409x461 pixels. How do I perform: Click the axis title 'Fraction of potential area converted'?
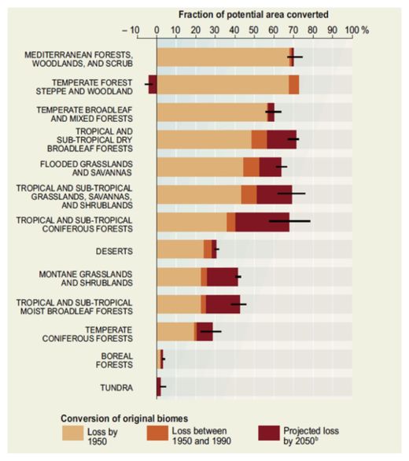tap(253, 14)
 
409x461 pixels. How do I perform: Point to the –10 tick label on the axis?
tap(131, 30)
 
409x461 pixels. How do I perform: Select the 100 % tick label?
tap(356, 30)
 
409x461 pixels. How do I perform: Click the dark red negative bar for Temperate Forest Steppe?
tap(153, 85)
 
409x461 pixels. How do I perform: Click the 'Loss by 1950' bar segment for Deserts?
tap(181, 249)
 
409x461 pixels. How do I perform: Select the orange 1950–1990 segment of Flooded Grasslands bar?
tap(251, 167)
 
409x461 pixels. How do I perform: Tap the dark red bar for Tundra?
tap(159, 387)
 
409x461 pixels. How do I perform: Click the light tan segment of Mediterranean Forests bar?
tap(223, 57)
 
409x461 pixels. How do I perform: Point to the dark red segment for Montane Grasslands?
tap(223, 277)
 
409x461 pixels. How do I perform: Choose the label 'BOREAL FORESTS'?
tap(114, 360)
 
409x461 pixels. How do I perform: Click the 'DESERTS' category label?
tap(114, 252)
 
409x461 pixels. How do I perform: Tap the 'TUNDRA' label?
tap(116, 388)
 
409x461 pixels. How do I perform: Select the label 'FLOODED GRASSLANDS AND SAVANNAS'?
tap(87, 168)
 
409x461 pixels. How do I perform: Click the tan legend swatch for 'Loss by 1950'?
tap(73, 433)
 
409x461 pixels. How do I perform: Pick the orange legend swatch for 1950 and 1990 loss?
tap(157, 433)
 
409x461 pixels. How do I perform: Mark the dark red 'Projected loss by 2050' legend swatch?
tap(269, 433)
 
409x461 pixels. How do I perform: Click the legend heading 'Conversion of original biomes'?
tap(124, 419)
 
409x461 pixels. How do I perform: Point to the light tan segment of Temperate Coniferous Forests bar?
tap(175, 332)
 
